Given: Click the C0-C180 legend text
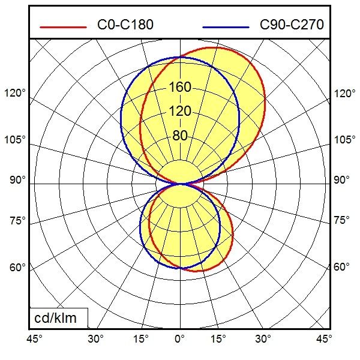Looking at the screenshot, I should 125,25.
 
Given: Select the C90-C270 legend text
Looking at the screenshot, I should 292,25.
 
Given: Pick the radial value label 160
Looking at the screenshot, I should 180,88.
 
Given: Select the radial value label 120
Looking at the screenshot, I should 180,112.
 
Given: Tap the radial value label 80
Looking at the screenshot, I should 180,136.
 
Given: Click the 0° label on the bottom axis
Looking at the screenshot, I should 180,340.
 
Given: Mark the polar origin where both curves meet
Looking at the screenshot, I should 180,184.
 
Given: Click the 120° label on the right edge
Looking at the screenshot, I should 344,94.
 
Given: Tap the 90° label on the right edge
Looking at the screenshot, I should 342,180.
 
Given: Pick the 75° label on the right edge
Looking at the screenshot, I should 342,220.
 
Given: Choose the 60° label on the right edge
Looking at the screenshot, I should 342,267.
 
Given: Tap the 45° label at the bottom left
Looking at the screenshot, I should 35,340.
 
